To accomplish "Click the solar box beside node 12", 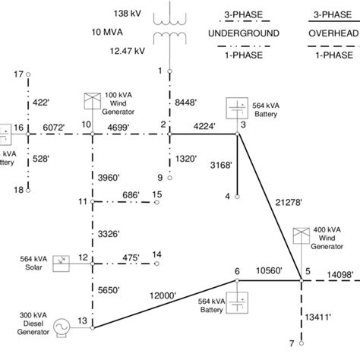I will click(61, 261).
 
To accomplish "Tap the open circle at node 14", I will click(155, 262).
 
